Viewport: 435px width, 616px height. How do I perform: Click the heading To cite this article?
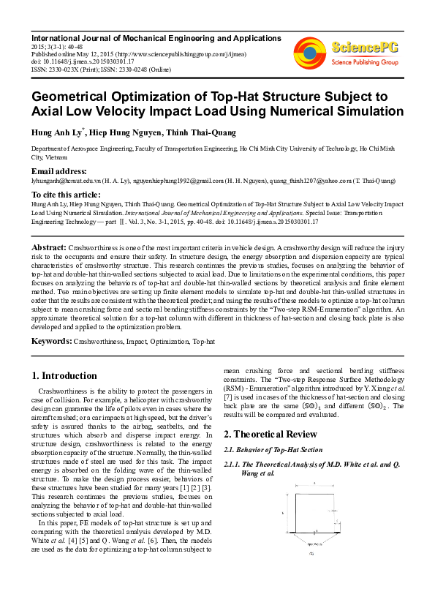coord(66,195)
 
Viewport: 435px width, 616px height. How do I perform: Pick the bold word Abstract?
coord(49,248)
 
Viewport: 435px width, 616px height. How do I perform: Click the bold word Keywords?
coord(51,341)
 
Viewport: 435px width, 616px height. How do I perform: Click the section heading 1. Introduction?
coord(64,376)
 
